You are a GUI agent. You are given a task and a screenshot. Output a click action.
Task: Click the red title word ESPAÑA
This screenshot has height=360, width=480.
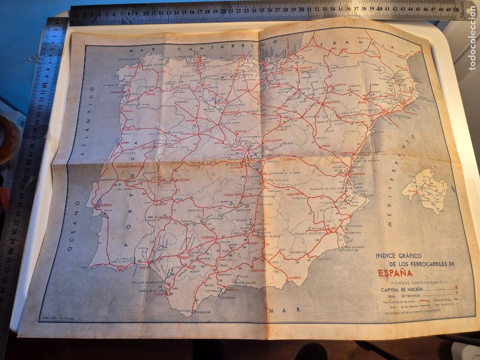(x=396, y=273)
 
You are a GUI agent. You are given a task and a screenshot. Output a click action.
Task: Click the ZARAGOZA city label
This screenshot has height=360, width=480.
(x=331, y=102)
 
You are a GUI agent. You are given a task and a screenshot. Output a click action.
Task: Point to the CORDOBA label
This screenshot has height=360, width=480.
(x=208, y=237)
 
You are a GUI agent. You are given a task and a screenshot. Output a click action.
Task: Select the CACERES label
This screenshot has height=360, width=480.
(x=184, y=180)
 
